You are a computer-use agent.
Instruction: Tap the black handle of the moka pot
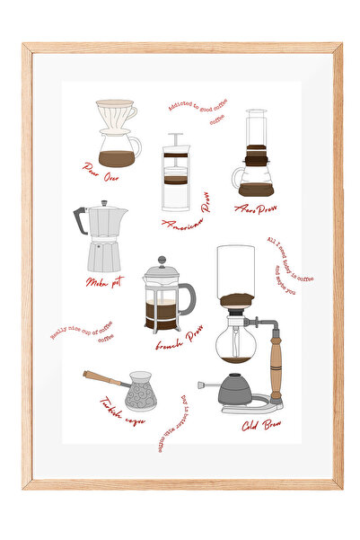[79, 220]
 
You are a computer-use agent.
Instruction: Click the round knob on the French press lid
[162, 260]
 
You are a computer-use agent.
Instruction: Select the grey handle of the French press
[189, 297]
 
